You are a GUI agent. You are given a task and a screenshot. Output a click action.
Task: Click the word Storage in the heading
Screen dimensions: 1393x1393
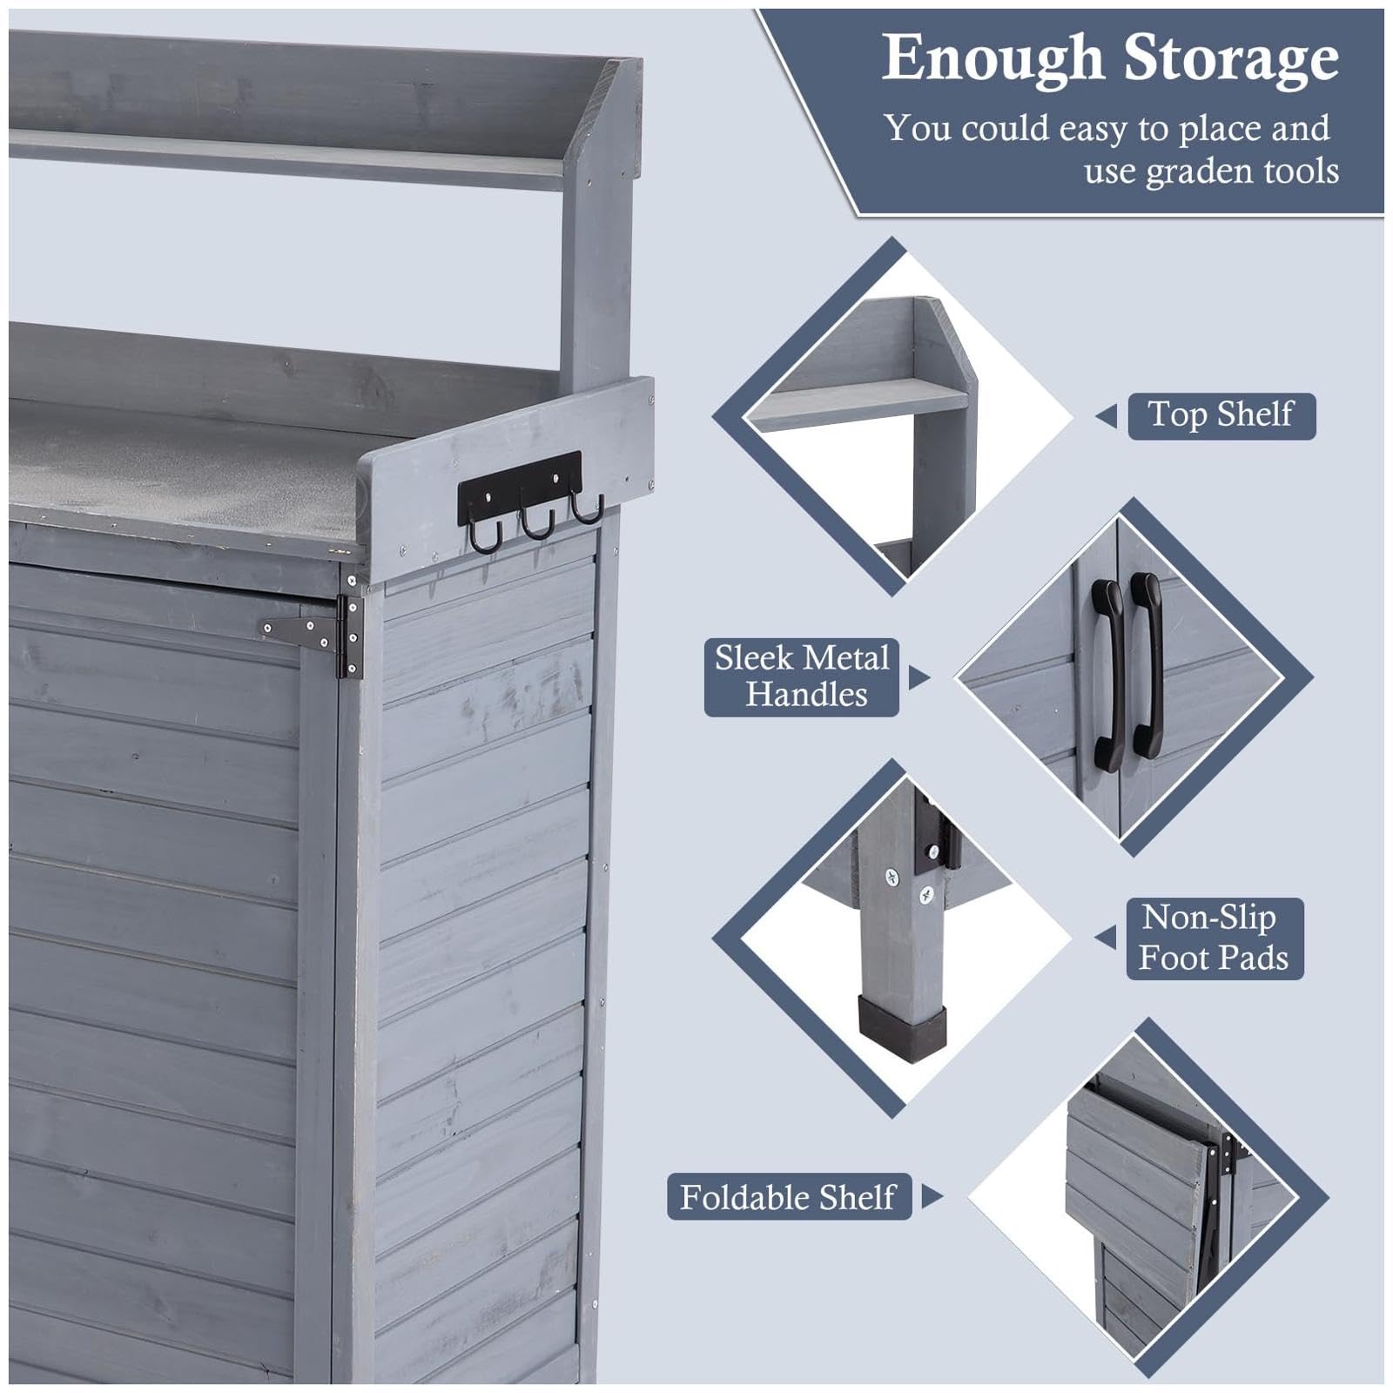[1231, 59]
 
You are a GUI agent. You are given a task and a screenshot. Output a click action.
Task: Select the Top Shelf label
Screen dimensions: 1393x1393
[1221, 415]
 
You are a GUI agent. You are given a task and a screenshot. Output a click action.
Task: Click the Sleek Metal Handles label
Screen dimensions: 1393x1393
[801, 676]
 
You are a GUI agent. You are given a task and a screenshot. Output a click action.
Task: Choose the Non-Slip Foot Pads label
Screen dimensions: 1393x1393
[1215, 938]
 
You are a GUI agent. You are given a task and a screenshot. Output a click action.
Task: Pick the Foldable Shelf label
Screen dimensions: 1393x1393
[789, 1197]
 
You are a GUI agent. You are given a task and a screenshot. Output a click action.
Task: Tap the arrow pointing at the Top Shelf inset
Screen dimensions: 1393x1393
[1107, 416]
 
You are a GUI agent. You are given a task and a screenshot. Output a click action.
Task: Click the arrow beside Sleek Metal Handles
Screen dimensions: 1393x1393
[919, 677]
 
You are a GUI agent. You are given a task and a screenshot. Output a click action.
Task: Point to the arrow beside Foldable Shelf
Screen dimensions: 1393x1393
[932, 1196]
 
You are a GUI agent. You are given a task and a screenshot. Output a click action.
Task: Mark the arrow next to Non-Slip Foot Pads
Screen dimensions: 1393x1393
[1106, 938]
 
